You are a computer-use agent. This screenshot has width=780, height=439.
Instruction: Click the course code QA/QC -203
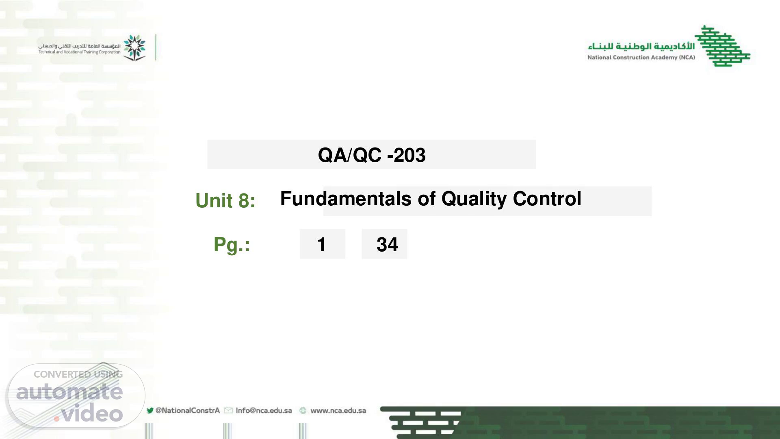pyautogui.click(x=372, y=155)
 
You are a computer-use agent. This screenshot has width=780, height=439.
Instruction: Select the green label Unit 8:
pyautogui.click(x=225, y=200)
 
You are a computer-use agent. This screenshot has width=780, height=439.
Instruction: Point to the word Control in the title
pyautogui.click(x=547, y=199)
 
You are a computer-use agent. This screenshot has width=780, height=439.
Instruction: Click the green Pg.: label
pyautogui.click(x=232, y=245)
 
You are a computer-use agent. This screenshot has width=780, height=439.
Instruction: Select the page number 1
pyautogui.click(x=321, y=245)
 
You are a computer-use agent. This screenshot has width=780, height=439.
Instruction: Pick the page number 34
pyautogui.click(x=387, y=245)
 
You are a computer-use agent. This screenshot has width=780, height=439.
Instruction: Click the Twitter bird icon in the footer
pyautogui.click(x=150, y=411)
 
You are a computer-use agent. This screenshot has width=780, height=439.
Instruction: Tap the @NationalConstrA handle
pyautogui.click(x=188, y=411)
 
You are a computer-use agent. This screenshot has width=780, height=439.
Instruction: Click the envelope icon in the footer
pyautogui.click(x=228, y=411)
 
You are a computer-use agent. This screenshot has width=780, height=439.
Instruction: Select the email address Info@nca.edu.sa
pyautogui.click(x=264, y=411)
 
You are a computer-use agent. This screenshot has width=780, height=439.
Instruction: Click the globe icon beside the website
pyautogui.click(x=303, y=411)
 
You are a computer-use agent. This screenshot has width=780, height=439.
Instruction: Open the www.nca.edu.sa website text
pyautogui.click(x=338, y=411)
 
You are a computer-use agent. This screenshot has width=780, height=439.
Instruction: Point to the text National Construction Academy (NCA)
pyautogui.click(x=641, y=57)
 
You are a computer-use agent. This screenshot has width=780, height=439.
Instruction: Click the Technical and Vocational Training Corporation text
pyautogui.click(x=80, y=52)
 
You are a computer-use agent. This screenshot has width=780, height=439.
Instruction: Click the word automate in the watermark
pyautogui.click(x=69, y=391)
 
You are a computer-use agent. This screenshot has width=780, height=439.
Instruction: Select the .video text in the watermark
pyautogui.click(x=89, y=414)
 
